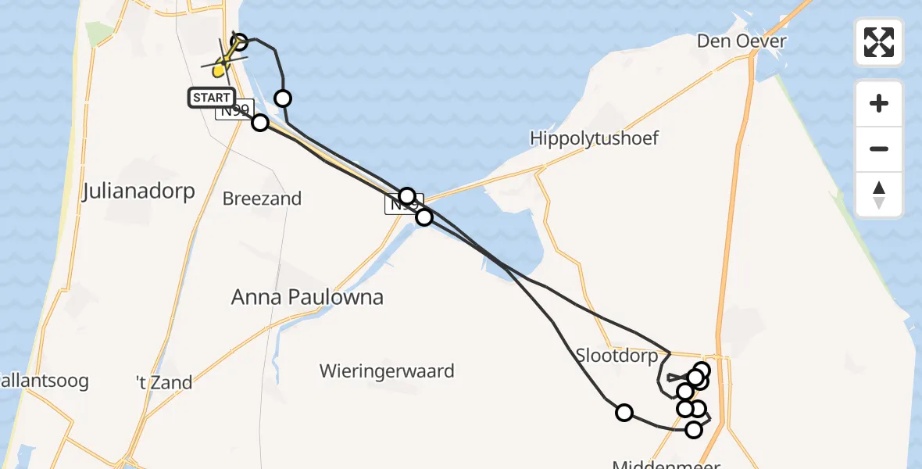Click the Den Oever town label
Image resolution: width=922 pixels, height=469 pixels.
(742, 41)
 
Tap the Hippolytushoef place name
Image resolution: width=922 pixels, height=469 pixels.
(594, 138)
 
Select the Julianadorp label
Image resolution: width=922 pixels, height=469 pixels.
(138, 192)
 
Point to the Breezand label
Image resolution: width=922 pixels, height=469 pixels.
(262, 199)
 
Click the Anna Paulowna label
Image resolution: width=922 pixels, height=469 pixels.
(308, 297)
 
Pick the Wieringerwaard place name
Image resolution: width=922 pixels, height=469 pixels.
(387, 371)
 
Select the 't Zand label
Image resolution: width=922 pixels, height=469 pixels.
(164, 382)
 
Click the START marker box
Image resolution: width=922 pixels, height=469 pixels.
(211, 98)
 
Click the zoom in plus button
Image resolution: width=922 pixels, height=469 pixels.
(879, 103)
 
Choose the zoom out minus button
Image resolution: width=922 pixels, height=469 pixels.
(879, 149)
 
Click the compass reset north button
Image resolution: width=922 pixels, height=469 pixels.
(879, 195)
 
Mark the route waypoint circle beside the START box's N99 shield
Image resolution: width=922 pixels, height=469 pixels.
(260, 123)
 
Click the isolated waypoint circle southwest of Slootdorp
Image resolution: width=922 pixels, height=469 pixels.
(624, 413)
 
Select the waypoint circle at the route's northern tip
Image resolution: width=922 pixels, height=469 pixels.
(239, 41)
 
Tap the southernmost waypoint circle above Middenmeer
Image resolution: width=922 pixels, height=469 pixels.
(693, 429)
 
